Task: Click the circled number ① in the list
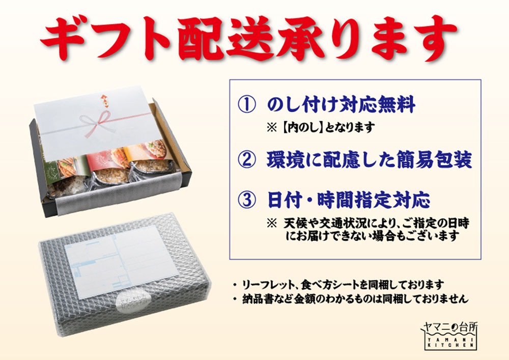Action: coord(246,105)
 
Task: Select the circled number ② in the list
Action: coord(246,160)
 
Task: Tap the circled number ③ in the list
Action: coord(246,200)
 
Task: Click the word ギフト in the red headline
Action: coord(107,38)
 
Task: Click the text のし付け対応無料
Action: coord(341,105)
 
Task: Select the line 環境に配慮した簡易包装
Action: coord(369,160)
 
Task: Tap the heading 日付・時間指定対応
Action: coord(349,200)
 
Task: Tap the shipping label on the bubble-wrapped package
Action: coord(122,261)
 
